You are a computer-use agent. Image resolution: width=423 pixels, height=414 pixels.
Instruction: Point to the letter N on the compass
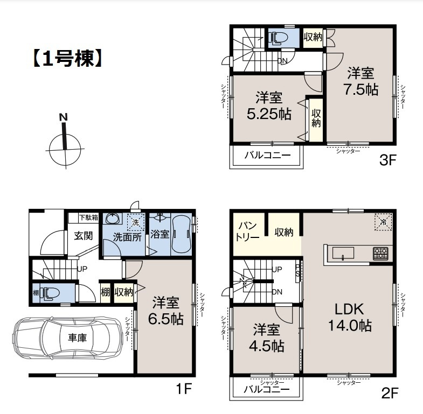point(63,117)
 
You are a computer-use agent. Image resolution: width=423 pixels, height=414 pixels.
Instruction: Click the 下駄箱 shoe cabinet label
point(88,217)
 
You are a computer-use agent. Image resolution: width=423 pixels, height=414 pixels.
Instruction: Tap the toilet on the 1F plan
point(52,293)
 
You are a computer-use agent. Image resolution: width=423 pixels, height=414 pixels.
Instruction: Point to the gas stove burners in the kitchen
point(380,252)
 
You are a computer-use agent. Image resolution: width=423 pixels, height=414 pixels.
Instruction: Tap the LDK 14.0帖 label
point(350,318)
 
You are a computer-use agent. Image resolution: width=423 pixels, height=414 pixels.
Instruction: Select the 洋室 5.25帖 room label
point(269,106)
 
